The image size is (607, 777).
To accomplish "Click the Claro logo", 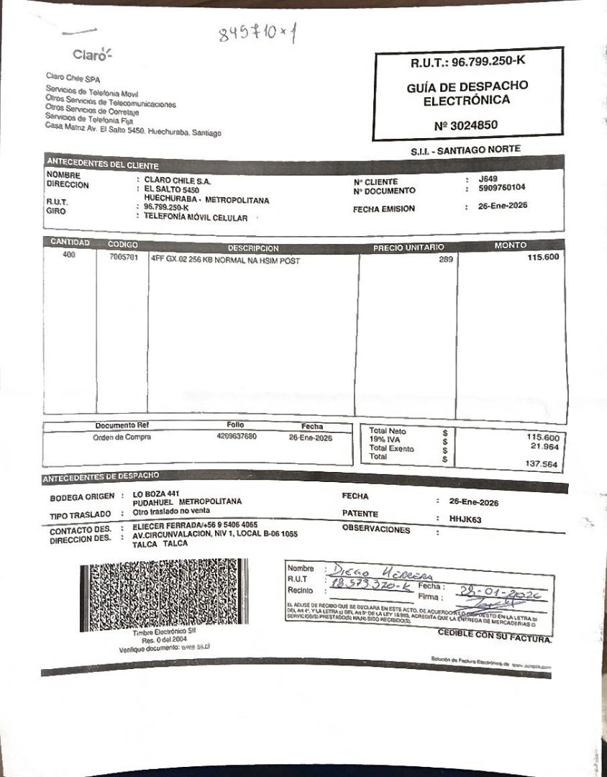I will (x=93, y=55).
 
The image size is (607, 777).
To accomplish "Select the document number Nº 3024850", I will (x=466, y=125).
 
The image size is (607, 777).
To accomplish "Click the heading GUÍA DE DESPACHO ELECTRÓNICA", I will (x=467, y=94).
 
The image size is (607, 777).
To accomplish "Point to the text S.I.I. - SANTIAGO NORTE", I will (x=465, y=150).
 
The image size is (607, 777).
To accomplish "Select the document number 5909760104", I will (x=501, y=188).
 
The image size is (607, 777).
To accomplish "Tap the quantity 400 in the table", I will (x=69, y=255).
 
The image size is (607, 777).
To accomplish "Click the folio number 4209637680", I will (x=236, y=436).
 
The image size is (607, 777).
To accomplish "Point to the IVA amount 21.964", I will (x=544, y=446).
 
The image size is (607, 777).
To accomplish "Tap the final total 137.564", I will (x=542, y=464).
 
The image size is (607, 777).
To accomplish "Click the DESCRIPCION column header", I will (x=253, y=248).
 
